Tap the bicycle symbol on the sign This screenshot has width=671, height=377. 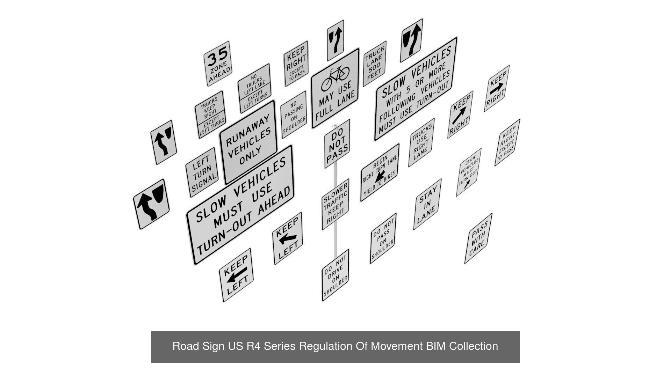[x=335, y=77]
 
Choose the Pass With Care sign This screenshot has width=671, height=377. [x=478, y=238]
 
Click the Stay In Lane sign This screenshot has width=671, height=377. [x=427, y=205]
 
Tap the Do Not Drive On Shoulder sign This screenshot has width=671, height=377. [x=335, y=275]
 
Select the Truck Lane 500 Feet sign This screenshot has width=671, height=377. [x=375, y=63]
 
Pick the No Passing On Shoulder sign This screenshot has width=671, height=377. [x=294, y=114]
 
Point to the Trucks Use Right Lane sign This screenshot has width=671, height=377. [x=421, y=142]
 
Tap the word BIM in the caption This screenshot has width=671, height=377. [x=436, y=346]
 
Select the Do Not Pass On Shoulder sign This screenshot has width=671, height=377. [x=383, y=238]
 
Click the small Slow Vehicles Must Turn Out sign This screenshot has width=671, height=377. [x=468, y=172]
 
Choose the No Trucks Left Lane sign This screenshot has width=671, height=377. [x=254, y=88]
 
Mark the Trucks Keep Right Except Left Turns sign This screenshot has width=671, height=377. [x=210, y=114]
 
